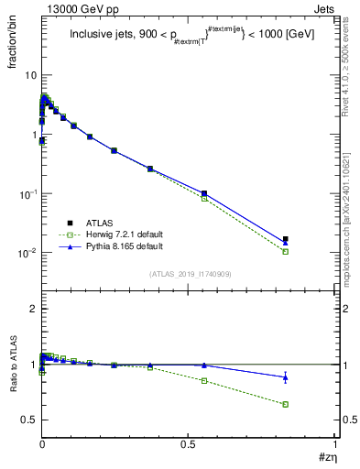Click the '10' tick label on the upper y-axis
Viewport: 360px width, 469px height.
pyautogui.click(x=29, y=75)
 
